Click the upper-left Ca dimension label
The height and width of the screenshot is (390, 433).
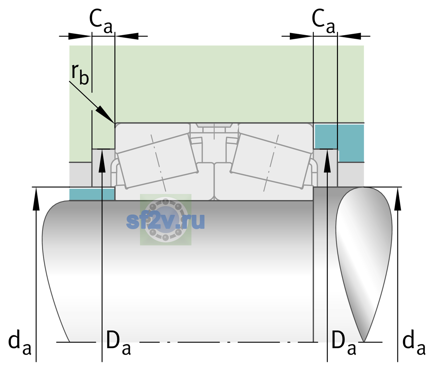coord(101,21)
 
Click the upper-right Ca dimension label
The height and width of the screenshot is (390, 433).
coord(323,21)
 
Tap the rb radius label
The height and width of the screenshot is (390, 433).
coord(80,74)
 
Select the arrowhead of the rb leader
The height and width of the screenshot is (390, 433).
coord(105,114)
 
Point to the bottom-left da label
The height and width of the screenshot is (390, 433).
coord(20,342)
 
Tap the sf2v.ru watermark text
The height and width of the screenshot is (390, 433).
coord(165,221)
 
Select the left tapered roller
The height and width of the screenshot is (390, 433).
coord(158,161)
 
